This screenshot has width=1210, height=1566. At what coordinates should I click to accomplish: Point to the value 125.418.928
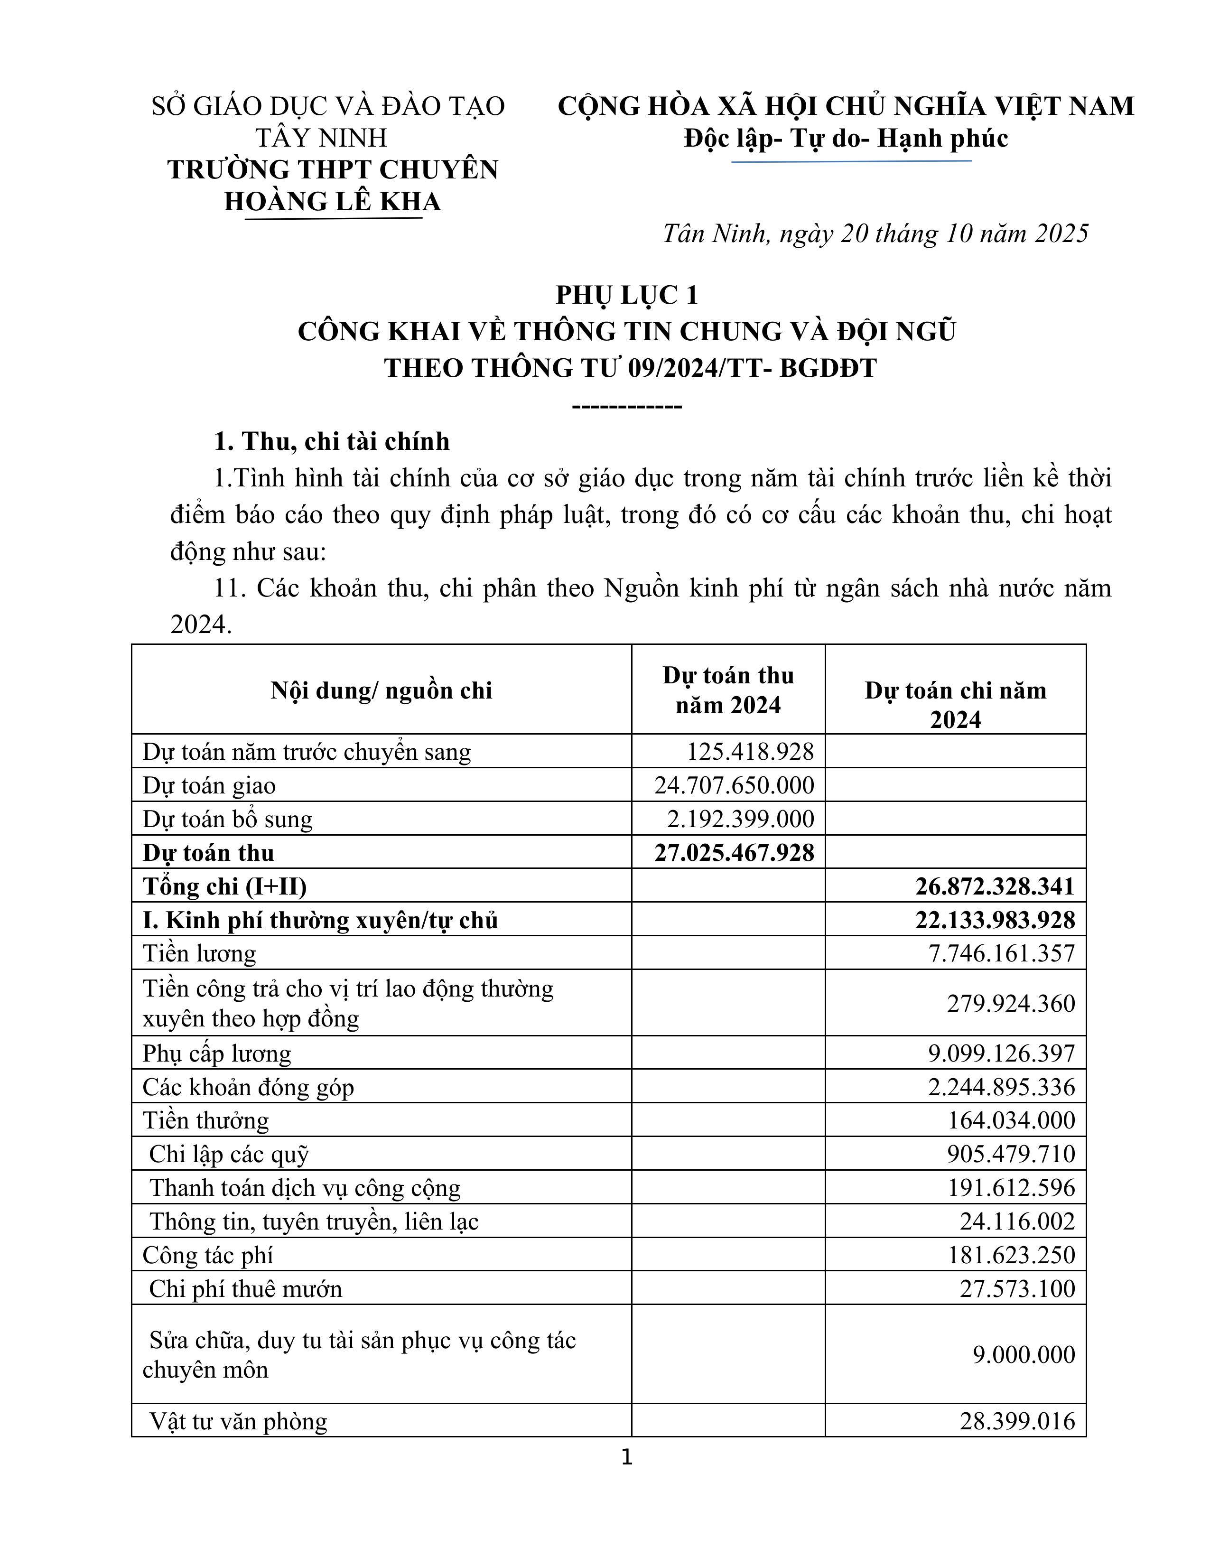[750, 752]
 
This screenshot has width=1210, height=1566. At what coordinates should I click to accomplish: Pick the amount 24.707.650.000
[734, 785]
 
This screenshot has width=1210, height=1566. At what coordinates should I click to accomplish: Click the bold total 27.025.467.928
[734, 853]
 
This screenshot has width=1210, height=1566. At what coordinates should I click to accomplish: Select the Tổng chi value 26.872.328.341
[994, 886]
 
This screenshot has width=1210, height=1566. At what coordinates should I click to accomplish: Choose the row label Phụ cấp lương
[216, 1053]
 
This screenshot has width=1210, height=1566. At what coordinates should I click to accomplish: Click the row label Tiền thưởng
[206, 1120]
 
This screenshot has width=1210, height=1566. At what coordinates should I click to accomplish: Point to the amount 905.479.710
[1011, 1154]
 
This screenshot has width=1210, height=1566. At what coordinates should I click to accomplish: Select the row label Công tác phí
[208, 1255]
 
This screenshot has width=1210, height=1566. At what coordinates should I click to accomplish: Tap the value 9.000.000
[1024, 1354]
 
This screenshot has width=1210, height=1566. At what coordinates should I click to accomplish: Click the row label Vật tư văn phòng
[238, 1421]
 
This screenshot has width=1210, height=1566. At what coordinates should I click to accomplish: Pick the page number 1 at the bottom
[626, 1457]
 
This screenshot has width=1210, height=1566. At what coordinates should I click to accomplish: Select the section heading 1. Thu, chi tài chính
[332, 441]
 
